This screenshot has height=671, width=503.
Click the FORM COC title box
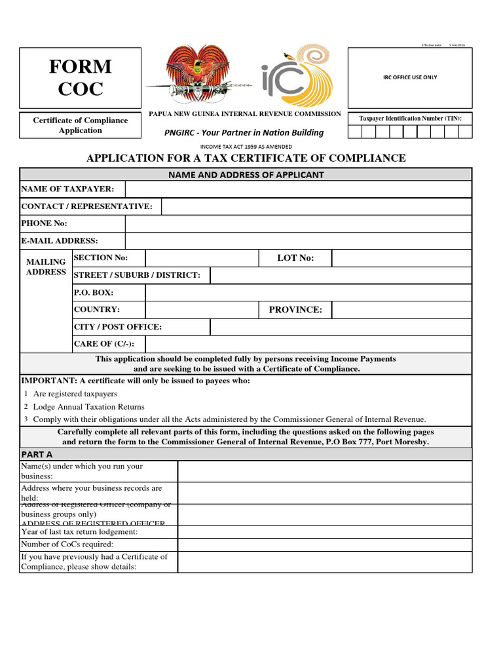point(80,77)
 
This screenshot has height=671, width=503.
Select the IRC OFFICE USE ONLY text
point(409,77)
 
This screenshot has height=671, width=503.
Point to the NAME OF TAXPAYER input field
point(298,189)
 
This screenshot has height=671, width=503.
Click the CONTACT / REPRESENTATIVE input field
point(316,206)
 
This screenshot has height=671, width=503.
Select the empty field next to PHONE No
point(298,223)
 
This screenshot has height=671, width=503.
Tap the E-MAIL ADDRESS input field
point(298,241)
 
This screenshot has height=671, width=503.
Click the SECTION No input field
point(202,258)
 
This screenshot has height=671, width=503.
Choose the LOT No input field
point(401,258)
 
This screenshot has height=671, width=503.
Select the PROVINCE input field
point(401,309)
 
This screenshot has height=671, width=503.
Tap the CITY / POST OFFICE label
point(118,327)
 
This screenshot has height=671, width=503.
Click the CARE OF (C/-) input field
point(308,344)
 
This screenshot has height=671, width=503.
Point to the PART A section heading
point(37,454)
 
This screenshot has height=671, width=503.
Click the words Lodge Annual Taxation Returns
point(88,407)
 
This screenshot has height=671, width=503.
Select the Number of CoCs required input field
point(324,545)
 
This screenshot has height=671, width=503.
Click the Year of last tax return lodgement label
point(79,531)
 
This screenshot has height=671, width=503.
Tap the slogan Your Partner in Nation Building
point(244,132)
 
